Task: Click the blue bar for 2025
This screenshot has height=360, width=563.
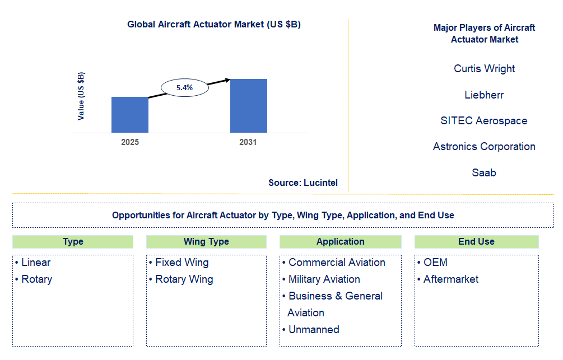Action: pyautogui.click(x=129, y=115)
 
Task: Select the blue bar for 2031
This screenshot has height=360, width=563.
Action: pyautogui.click(x=249, y=106)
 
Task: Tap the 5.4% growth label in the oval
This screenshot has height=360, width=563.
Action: pyautogui.click(x=184, y=87)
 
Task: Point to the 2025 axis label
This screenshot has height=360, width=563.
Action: pyautogui.click(x=129, y=142)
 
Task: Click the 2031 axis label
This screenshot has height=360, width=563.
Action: pyautogui.click(x=248, y=142)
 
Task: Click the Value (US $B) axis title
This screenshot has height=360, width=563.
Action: pyautogui.click(x=81, y=96)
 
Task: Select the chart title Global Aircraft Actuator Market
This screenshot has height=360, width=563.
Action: pyautogui.click(x=214, y=25)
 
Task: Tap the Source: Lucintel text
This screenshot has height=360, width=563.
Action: pyautogui.click(x=303, y=183)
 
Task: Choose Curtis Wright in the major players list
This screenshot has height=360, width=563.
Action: pyautogui.click(x=484, y=68)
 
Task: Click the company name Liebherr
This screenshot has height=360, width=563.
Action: pyautogui.click(x=484, y=95)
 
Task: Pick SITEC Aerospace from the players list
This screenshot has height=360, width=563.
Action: pyautogui.click(x=484, y=120)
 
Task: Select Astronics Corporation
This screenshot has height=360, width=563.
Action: pyautogui.click(x=484, y=147)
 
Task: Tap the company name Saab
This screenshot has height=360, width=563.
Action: pyautogui.click(x=484, y=172)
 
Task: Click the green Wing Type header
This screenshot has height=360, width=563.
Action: pyautogui.click(x=207, y=241)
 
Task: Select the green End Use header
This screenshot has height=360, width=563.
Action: pyautogui.click(x=477, y=241)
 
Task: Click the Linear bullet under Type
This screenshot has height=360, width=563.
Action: pyautogui.click(x=32, y=263)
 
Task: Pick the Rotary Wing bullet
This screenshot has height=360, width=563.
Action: pyautogui.click(x=182, y=279)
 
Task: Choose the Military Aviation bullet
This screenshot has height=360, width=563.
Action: pyautogui.click(x=321, y=279)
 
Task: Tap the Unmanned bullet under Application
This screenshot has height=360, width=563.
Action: pyautogui.click(x=310, y=330)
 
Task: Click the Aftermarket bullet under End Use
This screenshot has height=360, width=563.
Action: pyautogui.click(x=448, y=279)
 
